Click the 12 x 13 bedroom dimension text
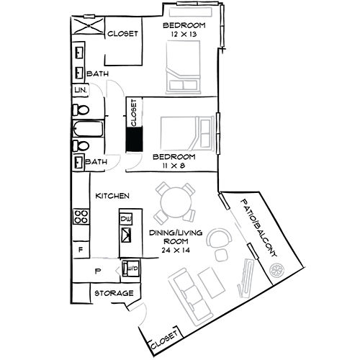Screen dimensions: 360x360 pos(184,34)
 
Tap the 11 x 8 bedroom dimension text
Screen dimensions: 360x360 pos(174,165)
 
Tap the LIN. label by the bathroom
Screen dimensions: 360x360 pos(79,90)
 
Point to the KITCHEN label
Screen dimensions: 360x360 pos(113,196)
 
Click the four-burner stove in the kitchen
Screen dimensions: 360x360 pos(82,217)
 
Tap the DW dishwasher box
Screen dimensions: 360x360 pos(127,219)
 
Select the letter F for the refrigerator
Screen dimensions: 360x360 pos(80,250)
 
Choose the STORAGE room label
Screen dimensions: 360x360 pos(114,294)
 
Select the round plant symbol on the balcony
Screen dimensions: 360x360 pos(277,270)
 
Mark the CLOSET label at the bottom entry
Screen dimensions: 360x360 pos(164,344)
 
